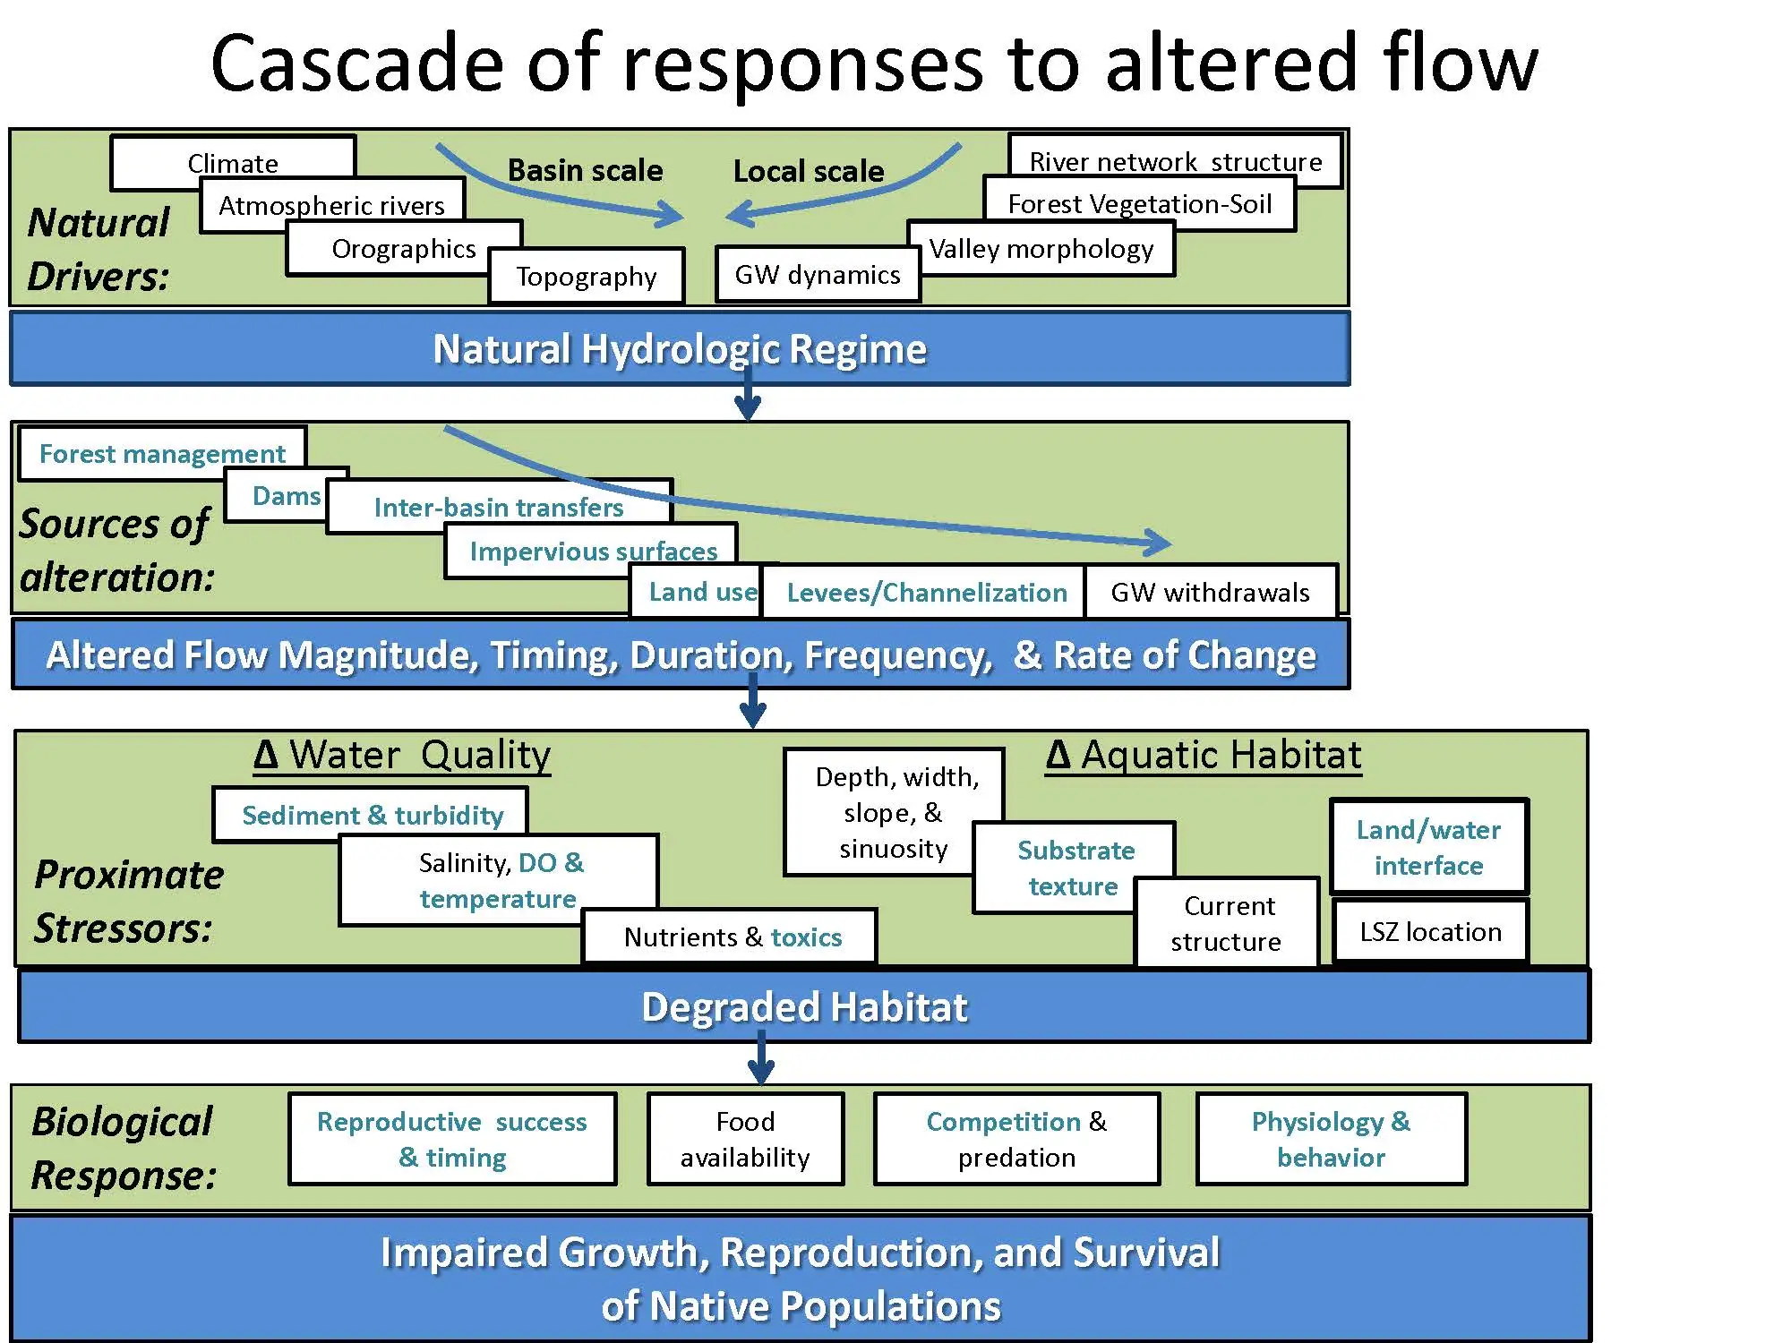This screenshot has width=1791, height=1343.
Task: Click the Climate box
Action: (233, 161)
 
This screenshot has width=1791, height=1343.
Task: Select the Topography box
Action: (587, 276)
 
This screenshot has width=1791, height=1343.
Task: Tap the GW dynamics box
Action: (818, 274)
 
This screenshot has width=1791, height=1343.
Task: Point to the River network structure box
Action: (1176, 160)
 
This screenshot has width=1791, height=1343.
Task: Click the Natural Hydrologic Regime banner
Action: (680, 348)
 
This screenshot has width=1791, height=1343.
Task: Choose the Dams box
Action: (286, 495)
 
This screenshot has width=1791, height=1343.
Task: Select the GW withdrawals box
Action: (1211, 592)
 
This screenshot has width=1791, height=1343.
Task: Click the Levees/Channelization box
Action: (926, 592)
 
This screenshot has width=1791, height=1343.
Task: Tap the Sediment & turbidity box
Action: (372, 815)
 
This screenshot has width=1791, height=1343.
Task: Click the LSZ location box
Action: (1430, 931)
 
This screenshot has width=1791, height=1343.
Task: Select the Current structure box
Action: (1227, 923)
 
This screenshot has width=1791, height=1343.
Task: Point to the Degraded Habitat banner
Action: (804, 1006)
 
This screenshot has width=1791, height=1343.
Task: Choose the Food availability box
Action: (745, 1139)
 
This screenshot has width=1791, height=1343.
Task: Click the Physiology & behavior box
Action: (1332, 1139)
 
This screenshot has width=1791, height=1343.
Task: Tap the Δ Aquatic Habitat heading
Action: (1204, 755)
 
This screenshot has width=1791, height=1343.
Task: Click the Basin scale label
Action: (585, 170)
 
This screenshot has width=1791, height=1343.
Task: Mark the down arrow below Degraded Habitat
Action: (761, 1058)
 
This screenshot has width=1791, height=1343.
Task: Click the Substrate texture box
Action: (1075, 868)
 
